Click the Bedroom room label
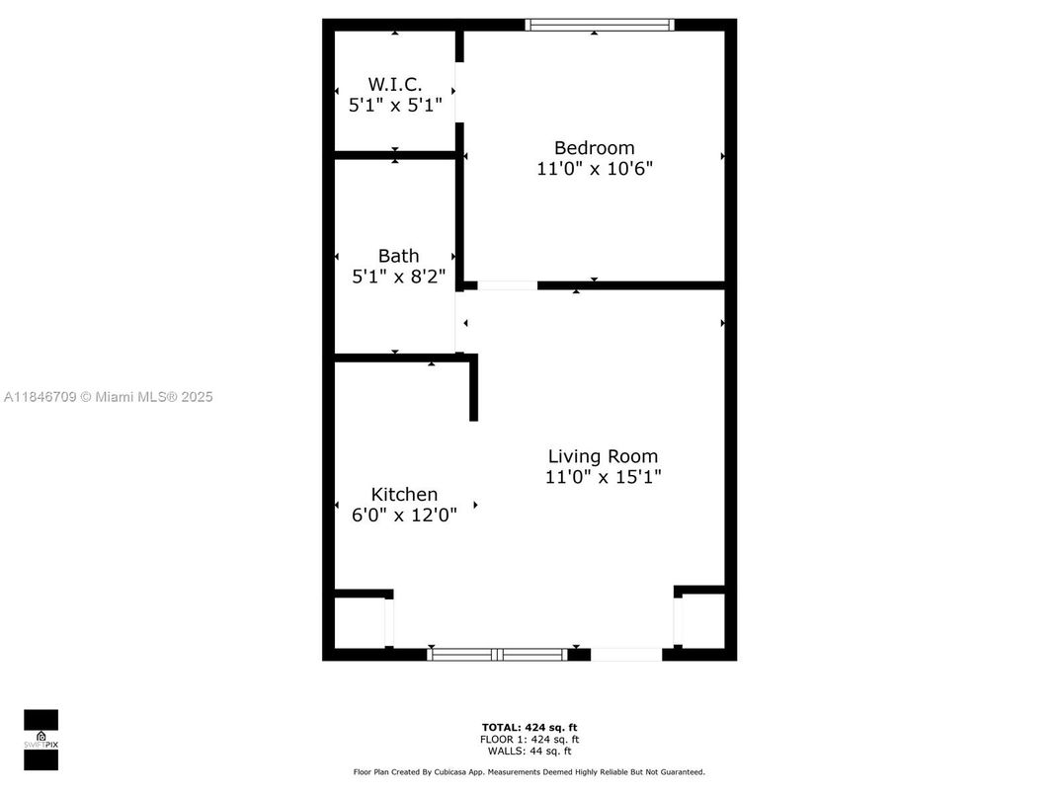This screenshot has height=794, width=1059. click(x=594, y=148)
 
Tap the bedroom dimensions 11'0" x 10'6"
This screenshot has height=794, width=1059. click(x=594, y=169)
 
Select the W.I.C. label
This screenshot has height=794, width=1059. click(x=394, y=85)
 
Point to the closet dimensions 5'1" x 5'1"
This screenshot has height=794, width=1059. click(x=394, y=105)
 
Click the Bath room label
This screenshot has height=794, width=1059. click(x=398, y=256)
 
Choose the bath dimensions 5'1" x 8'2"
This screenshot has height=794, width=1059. click(x=398, y=278)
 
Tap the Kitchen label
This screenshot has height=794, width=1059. click(x=404, y=494)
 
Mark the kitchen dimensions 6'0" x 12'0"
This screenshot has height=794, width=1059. click(x=404, y=515)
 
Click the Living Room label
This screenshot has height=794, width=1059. click(x=603, y=456)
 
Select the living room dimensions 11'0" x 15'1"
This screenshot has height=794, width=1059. click(x=603, y=477)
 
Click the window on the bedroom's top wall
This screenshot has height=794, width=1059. click(x=600, y=25)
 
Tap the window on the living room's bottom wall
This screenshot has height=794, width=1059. click(x=498, y=654)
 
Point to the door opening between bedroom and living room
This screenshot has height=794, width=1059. click(x=508, y=285)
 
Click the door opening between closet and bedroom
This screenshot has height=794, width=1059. click(x=459, y=92)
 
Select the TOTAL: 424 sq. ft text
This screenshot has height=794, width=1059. click(x=529, y=728)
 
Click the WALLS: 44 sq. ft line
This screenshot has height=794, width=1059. click(x=529, y=752)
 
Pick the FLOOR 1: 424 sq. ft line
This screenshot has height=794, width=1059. click(x=529, y=740)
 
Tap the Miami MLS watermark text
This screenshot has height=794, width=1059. click(x=108, y=397)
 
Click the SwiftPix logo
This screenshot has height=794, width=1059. click(x=41, y=740)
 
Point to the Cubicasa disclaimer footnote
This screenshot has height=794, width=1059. click(x=529, y=772)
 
